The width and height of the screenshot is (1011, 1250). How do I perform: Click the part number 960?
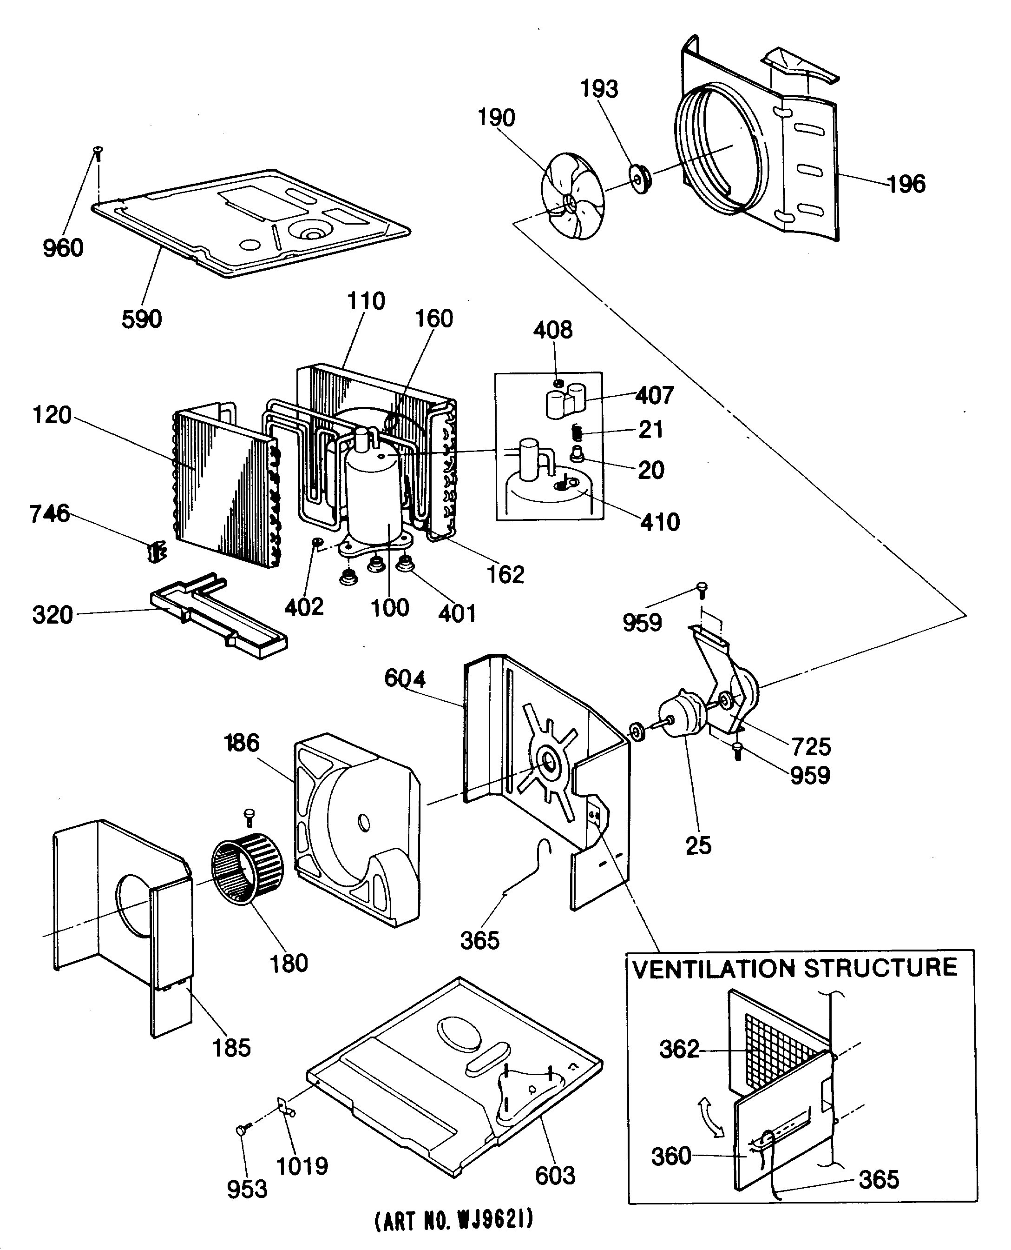pos(63,248)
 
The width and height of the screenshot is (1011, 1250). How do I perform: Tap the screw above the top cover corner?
pos(98,153)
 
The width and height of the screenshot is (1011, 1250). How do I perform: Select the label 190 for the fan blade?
pos(496,118)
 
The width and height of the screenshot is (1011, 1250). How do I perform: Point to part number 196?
pos(906,184)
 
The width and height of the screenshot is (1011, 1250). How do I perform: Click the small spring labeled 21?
pos(577,432)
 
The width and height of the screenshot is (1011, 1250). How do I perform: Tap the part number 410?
pos(660,522)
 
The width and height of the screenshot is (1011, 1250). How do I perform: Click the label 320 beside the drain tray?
pos(53,615)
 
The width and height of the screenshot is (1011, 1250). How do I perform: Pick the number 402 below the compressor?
pos(303,607)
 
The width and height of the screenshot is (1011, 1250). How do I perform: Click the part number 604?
pos(405,678)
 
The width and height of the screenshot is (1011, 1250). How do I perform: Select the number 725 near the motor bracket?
pos(811,746)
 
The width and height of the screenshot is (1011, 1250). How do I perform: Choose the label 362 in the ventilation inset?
pos(678,1049)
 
